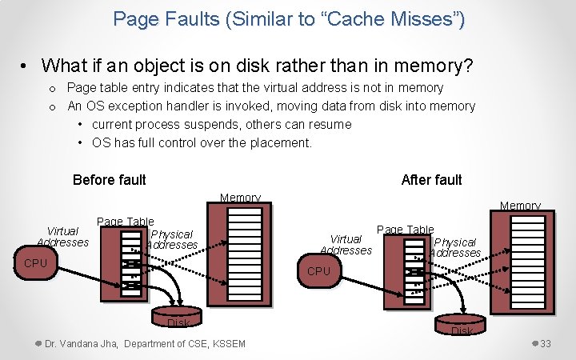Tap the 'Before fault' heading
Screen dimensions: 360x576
[x=109, y=179]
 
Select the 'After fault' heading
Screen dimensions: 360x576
[x=431, y=179]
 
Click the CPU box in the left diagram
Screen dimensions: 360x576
[x=36, y=263]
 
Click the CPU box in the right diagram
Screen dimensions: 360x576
[x=318, y=271]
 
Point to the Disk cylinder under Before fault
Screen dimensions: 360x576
[x=178, y=317]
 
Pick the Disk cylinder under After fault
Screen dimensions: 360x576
[x=462, y=325]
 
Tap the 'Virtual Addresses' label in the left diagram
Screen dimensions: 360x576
[x=63, y=236]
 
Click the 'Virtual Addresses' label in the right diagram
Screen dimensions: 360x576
[x=346, y=244]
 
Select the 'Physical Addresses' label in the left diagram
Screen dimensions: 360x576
[x=172, y=239]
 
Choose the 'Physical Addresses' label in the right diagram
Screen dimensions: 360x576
[x=454, y=247]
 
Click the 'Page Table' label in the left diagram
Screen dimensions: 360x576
[x=125, y=222]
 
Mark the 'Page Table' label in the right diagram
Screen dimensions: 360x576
[x=405, y=230]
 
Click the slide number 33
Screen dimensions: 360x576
[x=546, y=343]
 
